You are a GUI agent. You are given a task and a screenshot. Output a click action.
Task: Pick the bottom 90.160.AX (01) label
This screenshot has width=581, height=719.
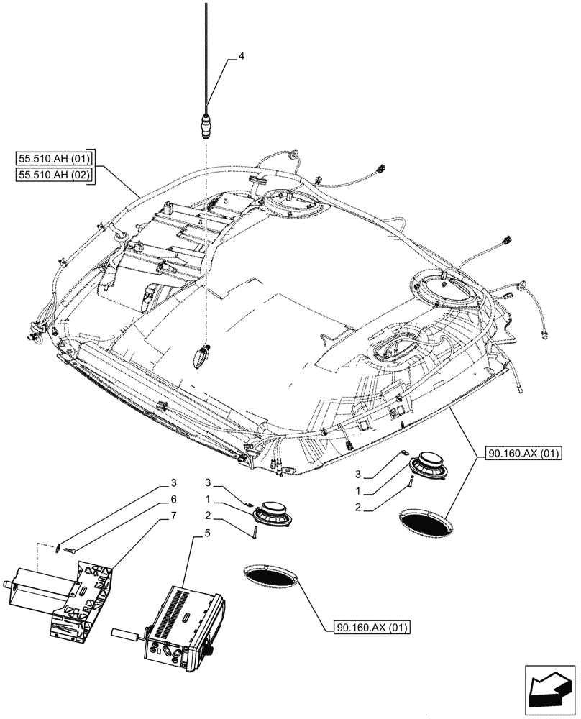point(372,628)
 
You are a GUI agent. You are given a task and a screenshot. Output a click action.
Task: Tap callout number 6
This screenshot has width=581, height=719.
point(173,498)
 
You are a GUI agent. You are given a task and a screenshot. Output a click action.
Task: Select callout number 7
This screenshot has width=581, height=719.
point(173,515)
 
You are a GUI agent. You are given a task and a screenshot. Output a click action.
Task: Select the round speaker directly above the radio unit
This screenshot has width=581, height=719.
point(274,512)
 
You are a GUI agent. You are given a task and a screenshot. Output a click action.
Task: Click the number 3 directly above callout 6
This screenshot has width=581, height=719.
point(173,482)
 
